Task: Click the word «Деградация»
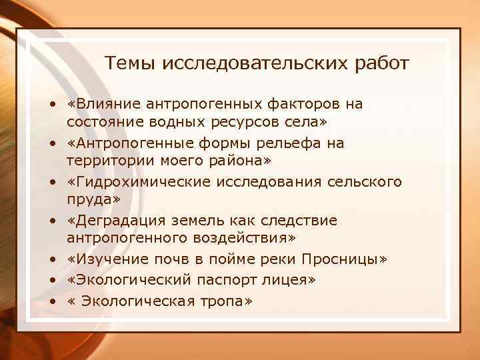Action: click(117, 220)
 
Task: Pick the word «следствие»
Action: click(298, 220)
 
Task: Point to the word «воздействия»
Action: click(250, 239)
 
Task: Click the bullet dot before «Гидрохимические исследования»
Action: click(50, 182)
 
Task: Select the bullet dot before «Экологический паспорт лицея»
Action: click(50, 281)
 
